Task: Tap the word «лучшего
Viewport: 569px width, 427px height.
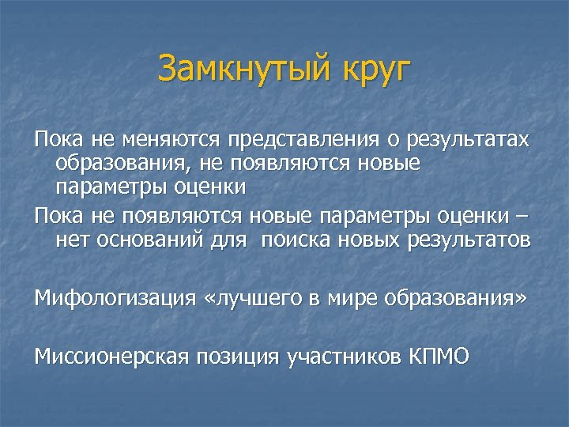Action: pos(251,299)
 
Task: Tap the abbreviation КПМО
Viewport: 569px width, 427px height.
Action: pos(440,357)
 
